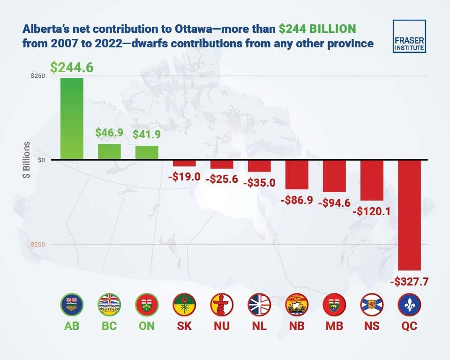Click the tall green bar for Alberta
pos(72,119)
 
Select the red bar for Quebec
pos(409,215)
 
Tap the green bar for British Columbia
pos(109,152)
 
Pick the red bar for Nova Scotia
pos(372,180)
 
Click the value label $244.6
pos(72,67)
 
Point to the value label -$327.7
pos(409,282)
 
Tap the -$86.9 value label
pos(297,200)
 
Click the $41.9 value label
pos(146,135)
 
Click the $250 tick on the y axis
pos(38,76)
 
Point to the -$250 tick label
pos(37,245)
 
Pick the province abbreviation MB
pos(334,326)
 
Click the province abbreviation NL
pos(259,326)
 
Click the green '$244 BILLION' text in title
pos(317,29)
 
